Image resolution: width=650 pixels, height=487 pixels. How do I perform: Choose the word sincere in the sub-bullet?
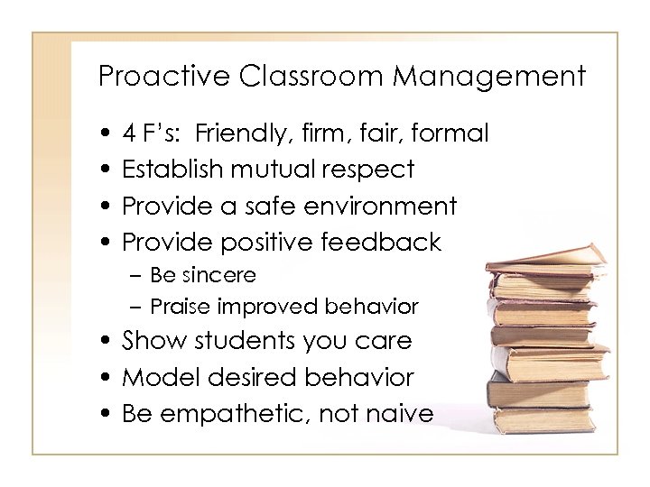click(x=223, y=274)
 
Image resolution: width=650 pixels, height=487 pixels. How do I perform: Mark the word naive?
click(x=401, y=413)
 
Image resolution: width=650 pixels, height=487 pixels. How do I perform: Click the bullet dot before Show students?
click(x=107, y=342)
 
